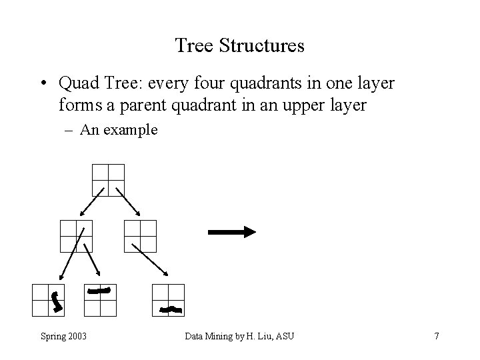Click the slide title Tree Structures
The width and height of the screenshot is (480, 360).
(239, 45)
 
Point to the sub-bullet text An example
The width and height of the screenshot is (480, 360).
(119, 129)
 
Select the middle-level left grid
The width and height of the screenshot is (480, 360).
(75, 236)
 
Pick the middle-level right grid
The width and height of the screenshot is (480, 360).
(140, 236)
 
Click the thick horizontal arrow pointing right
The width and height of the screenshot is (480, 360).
(232, 232)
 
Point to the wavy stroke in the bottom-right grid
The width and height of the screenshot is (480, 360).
(172, 309)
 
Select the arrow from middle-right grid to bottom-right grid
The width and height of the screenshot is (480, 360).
(151, 260)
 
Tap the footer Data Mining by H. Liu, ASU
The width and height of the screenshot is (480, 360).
(239, 336)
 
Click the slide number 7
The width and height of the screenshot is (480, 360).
(436, 336)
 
